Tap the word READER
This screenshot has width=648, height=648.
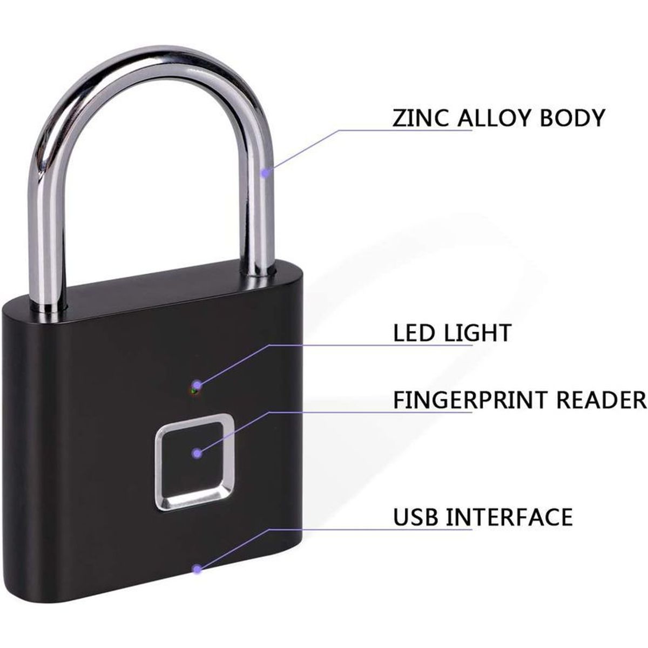[602, 400]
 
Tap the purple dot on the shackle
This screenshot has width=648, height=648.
[266, 173]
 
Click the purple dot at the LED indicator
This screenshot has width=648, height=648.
[197, 384]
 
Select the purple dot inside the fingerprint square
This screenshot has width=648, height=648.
[197, 454]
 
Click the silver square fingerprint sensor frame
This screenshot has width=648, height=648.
[158, 461]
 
